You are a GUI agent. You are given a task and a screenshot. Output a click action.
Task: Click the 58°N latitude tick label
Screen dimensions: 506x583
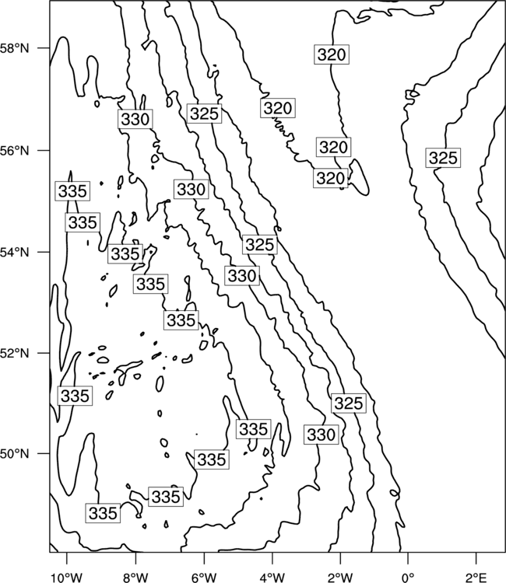point(15,48)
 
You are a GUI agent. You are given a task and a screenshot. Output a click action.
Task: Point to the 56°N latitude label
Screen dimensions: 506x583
point(15,151)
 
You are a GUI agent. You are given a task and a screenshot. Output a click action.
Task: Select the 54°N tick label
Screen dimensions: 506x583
point(15,253)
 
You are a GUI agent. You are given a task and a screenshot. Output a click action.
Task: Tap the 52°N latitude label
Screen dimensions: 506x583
point(15,353)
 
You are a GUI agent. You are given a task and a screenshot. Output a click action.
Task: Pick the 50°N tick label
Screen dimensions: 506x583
point(15,454)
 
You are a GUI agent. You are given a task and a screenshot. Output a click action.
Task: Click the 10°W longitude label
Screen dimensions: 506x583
point(66,578)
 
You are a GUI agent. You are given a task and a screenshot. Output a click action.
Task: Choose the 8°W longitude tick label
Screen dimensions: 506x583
point(135,578)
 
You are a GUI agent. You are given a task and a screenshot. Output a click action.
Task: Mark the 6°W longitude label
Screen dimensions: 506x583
point(204,578)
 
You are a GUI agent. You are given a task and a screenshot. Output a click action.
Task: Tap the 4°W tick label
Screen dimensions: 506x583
point(272,578)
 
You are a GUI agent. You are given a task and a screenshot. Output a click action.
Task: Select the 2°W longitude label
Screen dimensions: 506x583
point(340,578)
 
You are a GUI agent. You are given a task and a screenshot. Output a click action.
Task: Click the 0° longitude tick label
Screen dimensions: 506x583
point(408,578)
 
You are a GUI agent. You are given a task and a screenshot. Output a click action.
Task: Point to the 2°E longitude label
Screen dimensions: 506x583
point(476,578)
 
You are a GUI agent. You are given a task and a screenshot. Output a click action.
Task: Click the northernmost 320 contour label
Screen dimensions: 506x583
point(332,54)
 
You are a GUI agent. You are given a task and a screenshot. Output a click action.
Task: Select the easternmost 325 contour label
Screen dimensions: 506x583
point(443,158)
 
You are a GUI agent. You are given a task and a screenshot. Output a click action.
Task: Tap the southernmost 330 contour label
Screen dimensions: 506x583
point(321,435)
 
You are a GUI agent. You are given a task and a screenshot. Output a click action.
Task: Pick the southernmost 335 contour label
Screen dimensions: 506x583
point(103,513)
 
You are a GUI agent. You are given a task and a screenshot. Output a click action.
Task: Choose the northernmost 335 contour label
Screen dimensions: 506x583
point(72,191)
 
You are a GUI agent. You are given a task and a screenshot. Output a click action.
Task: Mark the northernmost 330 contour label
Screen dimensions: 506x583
point(135,119)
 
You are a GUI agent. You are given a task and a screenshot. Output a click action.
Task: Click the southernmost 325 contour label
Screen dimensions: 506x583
point(349,403)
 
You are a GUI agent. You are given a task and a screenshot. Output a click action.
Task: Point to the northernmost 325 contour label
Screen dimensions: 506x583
point(204,113)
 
